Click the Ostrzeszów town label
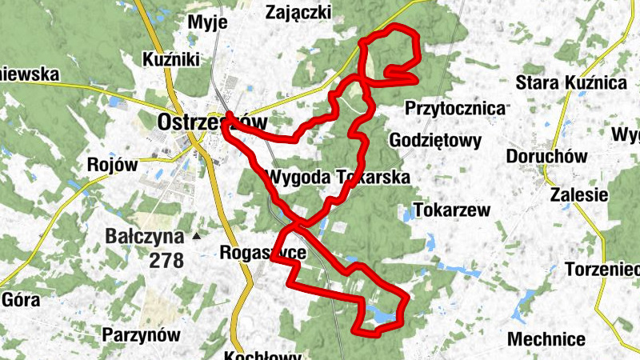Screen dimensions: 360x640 pyautogui.click(x=211, y=122)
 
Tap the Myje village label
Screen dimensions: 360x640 pyautogui.click(x=207, y=22)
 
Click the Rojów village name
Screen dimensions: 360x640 pyautogui.click(x=113, y=164)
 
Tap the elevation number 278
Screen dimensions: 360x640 pyautogui.click(x=166, y=260)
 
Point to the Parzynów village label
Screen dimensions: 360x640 pyautogui.click(x=141, y=334)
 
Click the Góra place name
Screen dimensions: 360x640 pyautogui.click(x=22, y=300)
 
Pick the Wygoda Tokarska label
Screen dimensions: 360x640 pyautogui.click(x=339, y=177)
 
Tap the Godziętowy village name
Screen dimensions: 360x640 pyautogui.click(x=435, y=141)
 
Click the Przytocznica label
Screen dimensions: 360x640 pyautogui.click(x=456, y=107)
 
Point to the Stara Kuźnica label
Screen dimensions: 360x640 pyautogui.click(x=570, y=82)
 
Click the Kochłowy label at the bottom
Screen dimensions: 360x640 pyautogui.click(x=262, y=355)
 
